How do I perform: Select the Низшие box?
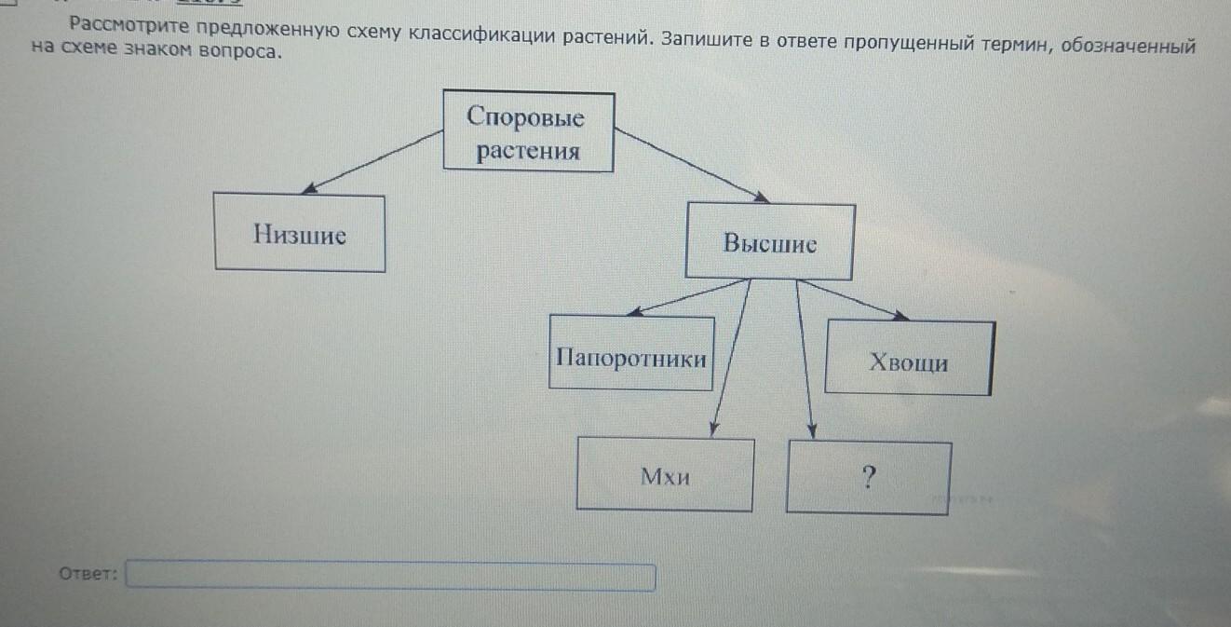point(300,232)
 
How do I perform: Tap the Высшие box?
point(770,241)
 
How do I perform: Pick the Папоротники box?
point(631,353)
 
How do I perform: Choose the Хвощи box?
point(910,358)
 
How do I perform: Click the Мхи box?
point(665,474)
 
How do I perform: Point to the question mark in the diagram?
point(868,477)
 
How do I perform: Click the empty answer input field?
point(390,576)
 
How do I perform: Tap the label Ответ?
point(88,574)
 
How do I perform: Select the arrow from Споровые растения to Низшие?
point(372,161)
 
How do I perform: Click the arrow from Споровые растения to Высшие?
point(691,165)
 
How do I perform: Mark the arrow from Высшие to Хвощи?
point(854,299)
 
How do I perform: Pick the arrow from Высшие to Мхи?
point(731,358)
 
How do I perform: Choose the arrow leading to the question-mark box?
point(805,359)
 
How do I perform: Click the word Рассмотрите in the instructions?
point(129,25)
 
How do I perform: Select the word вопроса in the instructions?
point(240,51)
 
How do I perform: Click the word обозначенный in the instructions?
point(1129,47)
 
